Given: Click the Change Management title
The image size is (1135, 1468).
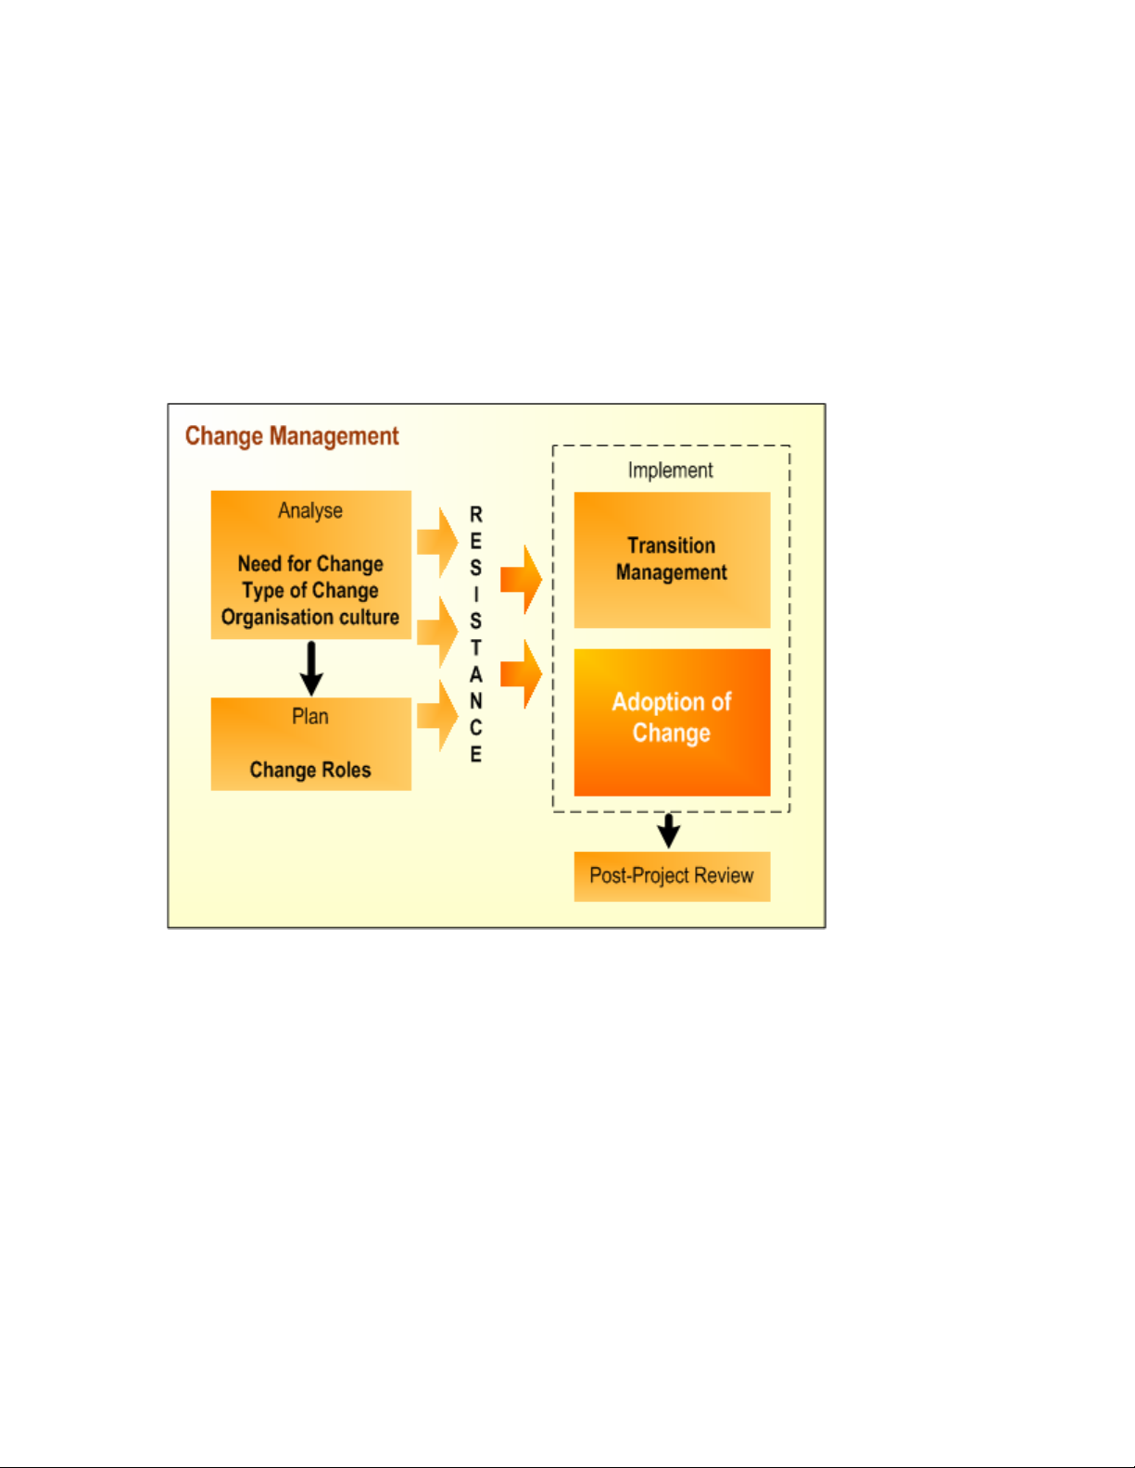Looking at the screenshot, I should pos(292,436).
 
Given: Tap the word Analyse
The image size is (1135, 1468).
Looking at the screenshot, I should pos(310,511).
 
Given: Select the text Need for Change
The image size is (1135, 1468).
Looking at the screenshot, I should pos(310,564).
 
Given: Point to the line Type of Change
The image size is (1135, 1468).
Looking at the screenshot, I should pos(310,591).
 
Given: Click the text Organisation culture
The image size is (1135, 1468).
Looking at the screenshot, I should pos(310,618).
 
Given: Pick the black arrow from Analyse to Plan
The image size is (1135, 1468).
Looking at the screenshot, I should pos(311,668).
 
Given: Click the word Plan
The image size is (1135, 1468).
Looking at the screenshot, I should pos(310,717).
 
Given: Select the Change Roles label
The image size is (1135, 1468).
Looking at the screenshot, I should pos(310,771).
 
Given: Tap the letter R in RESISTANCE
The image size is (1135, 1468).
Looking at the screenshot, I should pos(476,515).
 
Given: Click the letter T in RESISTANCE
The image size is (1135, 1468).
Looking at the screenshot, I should pos(476,648).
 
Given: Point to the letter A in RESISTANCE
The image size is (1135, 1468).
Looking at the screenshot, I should pos(476,675).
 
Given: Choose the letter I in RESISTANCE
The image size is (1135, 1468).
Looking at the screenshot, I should pos(476,595).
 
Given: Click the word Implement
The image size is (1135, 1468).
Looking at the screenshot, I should pos(671,471).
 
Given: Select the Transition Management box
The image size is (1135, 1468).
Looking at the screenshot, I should pos(672,559).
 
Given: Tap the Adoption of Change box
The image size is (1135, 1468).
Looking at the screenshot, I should pos(672,721).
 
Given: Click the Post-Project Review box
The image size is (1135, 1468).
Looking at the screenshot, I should pos(672,876).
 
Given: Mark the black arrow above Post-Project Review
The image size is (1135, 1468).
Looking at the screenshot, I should pos(669,831).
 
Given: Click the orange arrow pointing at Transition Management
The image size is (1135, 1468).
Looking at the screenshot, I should pos(522,580).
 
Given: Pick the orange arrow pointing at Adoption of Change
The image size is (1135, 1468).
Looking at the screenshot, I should pos(522,674).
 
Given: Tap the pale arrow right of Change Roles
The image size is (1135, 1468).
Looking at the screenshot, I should pos(437,715).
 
